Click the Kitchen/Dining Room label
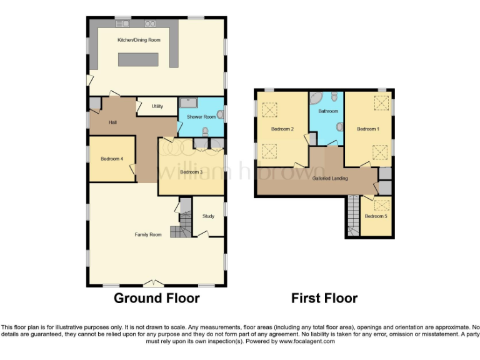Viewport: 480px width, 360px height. [139, 40]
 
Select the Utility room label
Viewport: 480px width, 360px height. [157, 106]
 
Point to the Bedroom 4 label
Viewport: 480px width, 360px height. [112, 159]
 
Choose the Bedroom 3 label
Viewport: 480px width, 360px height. [191, 172]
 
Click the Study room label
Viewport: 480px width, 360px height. [208, 216]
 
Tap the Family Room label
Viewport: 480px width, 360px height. [148, 234]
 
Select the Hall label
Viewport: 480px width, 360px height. [112, 122]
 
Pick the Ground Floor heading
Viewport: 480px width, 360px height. [156, 298]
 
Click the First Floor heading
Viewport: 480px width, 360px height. [324, 298]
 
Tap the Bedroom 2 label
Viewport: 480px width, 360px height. [282, 129]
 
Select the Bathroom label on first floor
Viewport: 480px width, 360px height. [328, 111]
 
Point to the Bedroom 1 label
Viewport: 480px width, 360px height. [367, 129]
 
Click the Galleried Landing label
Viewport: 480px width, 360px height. [330, 178]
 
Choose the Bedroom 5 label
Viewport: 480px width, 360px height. [376, 216]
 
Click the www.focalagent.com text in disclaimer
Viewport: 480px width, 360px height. [307, 342]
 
